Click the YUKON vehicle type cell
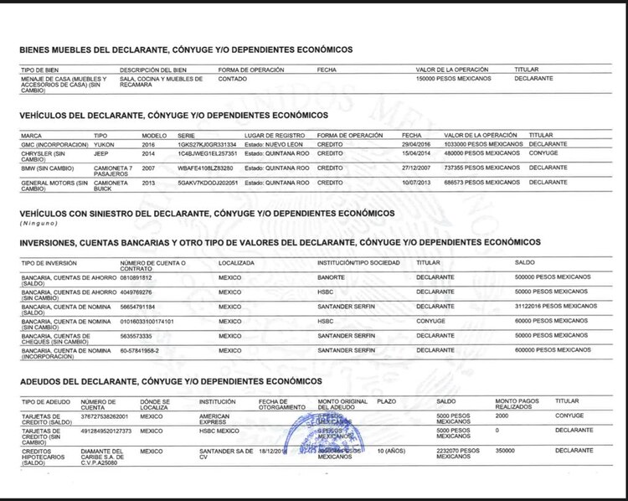(105, 144)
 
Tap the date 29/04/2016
(418, 144)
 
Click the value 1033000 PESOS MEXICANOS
(481, 144)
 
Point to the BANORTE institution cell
(332, 277)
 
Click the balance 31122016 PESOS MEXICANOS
(556, 307)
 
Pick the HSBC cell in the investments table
(326, 292)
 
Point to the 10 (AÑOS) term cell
(393, 451)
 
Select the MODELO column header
(154, 135)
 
